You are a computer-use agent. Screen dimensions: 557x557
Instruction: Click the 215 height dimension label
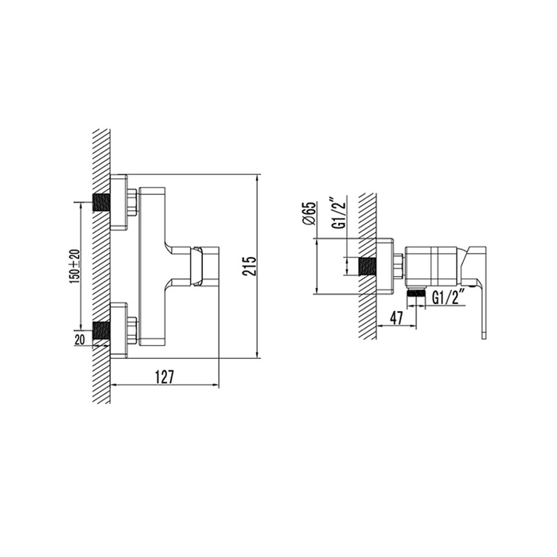[x=249, y=266]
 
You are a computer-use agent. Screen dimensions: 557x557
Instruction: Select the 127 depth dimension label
[x=165, y=377]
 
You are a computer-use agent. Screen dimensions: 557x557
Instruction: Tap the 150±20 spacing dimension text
[x=76, y=267]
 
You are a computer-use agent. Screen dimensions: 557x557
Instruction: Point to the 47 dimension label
[x=396, y=318]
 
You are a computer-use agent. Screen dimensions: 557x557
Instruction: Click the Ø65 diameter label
[x=309, y=213]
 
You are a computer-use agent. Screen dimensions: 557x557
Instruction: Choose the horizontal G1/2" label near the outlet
[x=449, y=298]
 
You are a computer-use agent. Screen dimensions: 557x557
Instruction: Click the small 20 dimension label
[x=80, y=340]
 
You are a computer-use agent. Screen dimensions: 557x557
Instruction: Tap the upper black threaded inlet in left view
[x=101, y=202]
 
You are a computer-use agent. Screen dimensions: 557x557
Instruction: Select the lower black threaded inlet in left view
[x=101, y=330]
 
